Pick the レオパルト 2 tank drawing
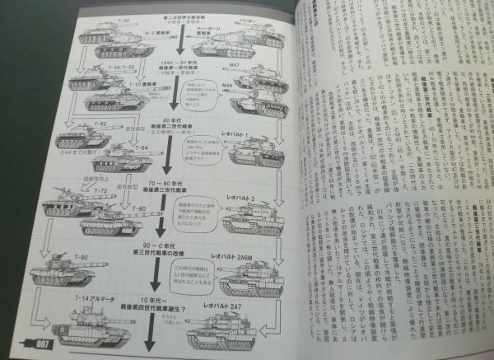click(x=239, y=217)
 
